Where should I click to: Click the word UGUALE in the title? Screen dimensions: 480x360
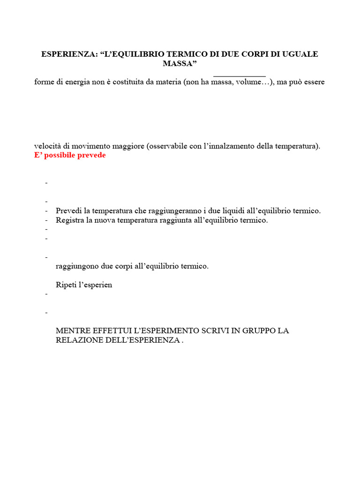(x=301, y=54)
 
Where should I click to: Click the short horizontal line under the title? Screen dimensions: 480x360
(x=240, y=76)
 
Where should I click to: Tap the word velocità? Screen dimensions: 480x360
(x=49, y=146)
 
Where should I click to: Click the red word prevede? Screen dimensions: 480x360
(x=92, y=155)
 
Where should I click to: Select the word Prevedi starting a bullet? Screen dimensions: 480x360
(x=68, y=211)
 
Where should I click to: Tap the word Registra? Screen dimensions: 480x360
(x=70, y=220)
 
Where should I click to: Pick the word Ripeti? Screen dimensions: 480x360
(x=66, y=285)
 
